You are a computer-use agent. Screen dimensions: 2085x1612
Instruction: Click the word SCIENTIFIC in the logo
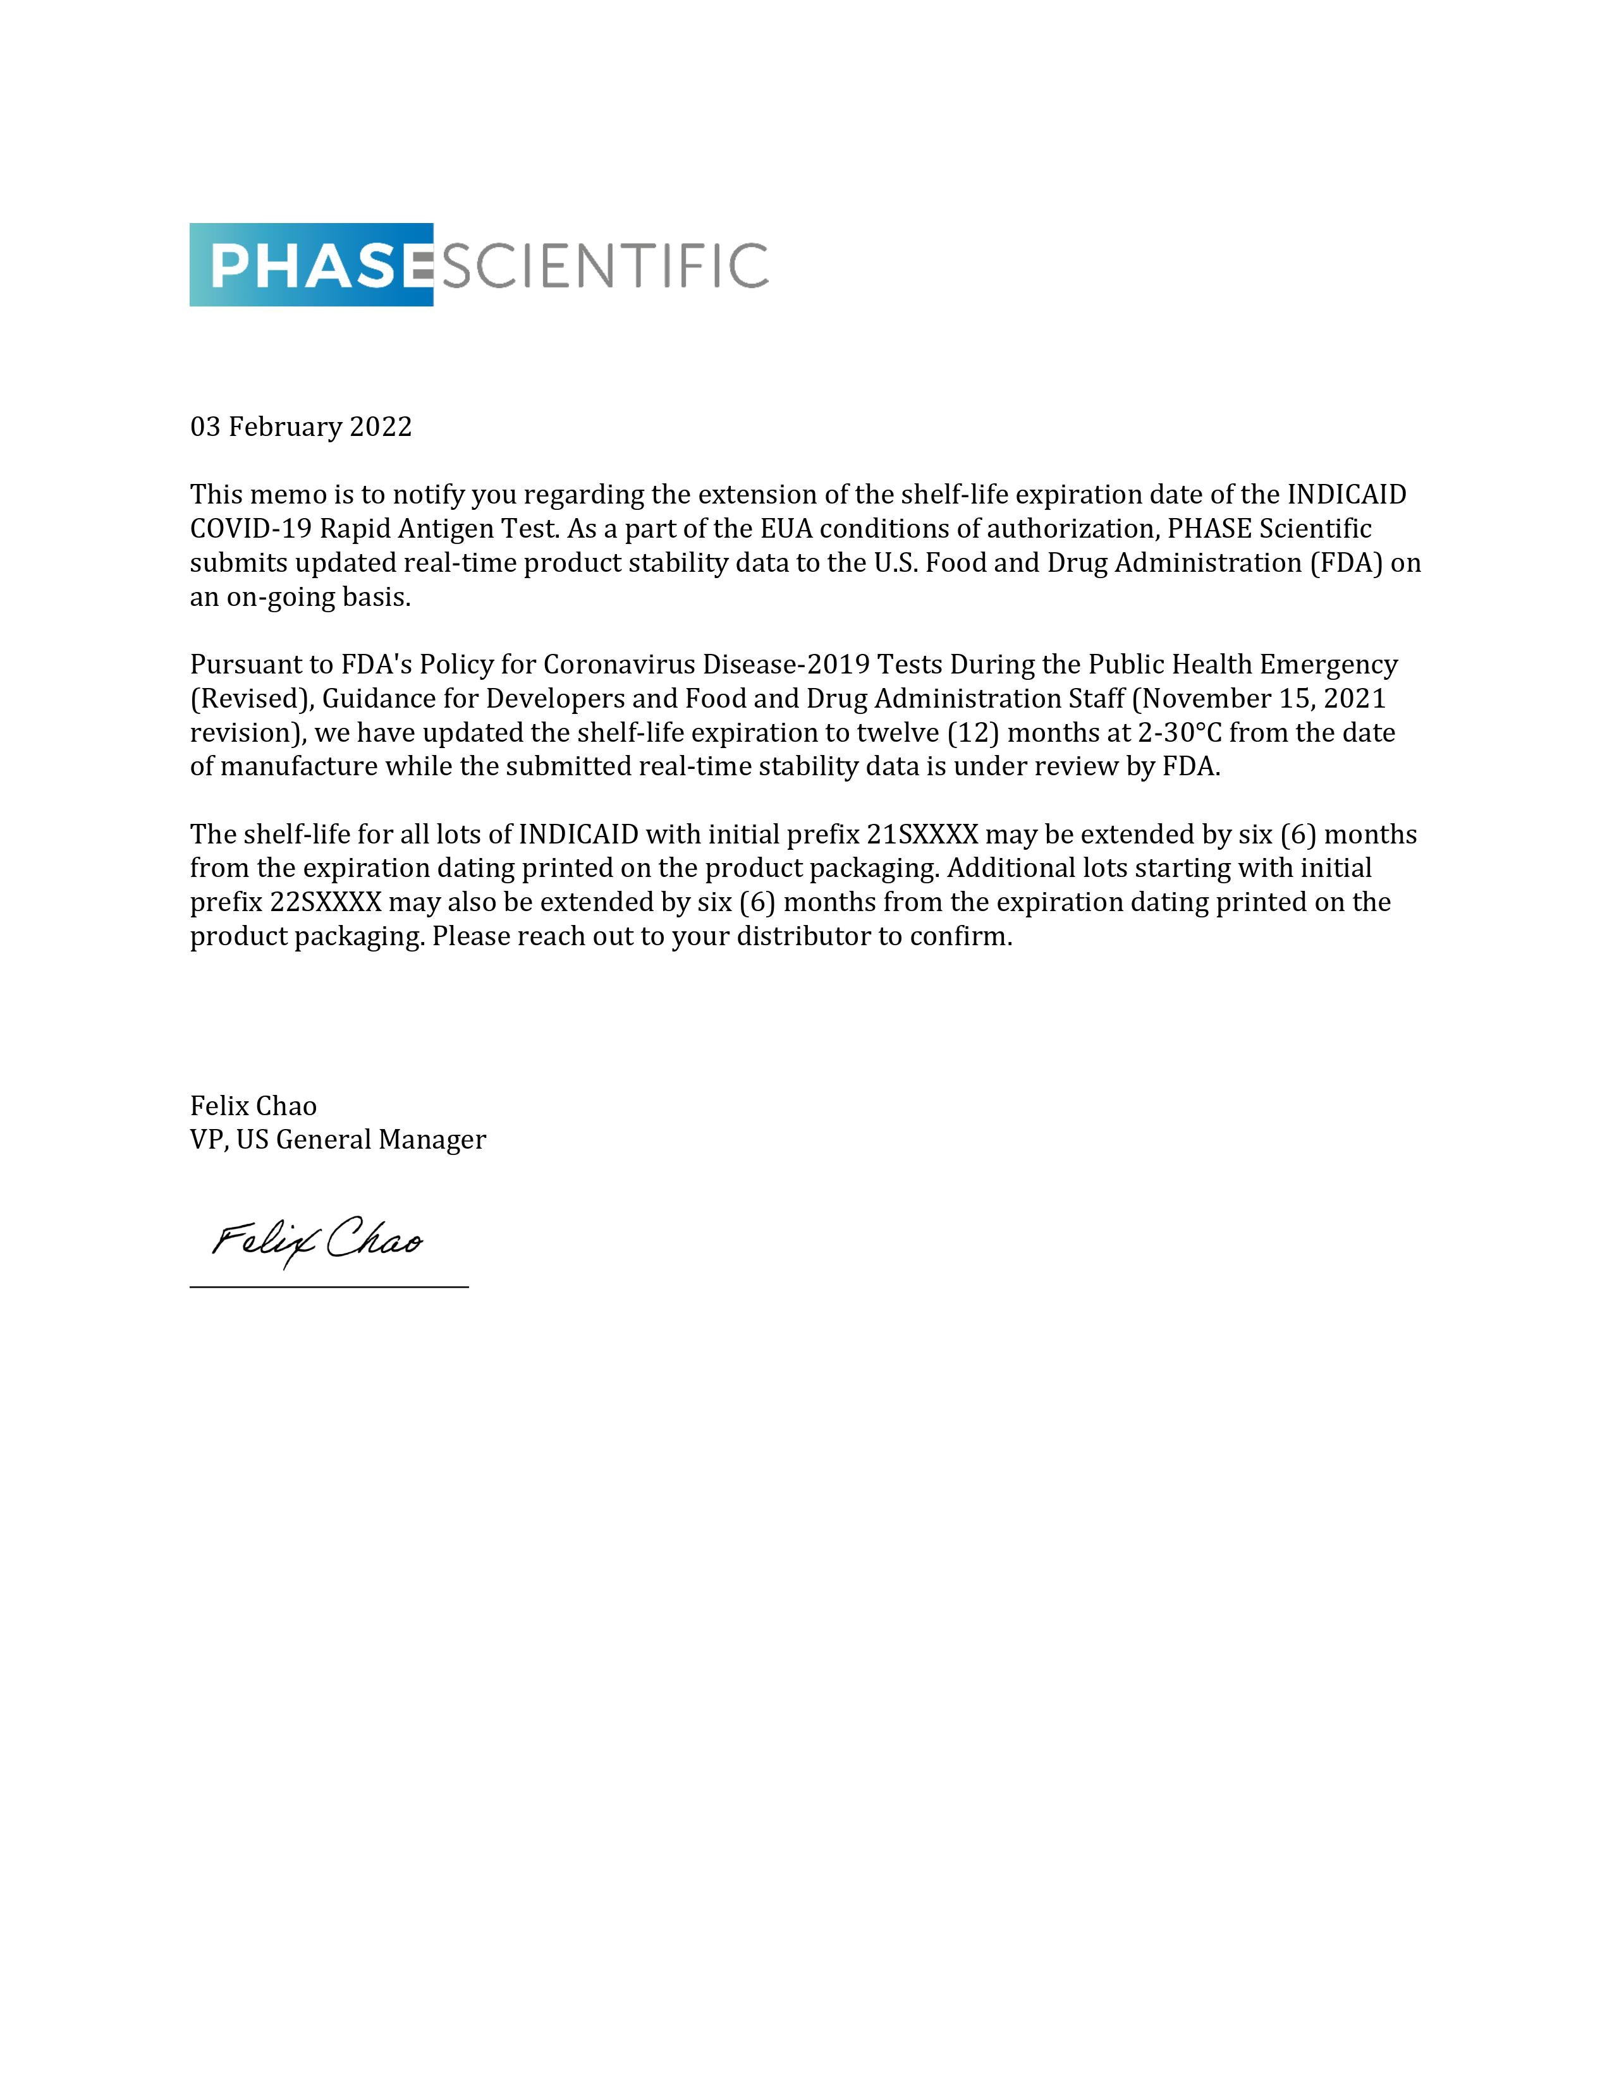point(602,265)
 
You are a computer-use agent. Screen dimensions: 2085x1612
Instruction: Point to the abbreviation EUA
point(759,529)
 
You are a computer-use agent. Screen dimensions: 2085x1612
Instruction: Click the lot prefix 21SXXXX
point(922,835)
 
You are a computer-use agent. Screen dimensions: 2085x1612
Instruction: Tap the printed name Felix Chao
point(253,1106)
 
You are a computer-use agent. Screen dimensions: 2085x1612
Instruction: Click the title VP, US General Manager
point(338,1140)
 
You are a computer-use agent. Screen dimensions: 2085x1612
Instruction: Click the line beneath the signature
point(329,1287)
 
